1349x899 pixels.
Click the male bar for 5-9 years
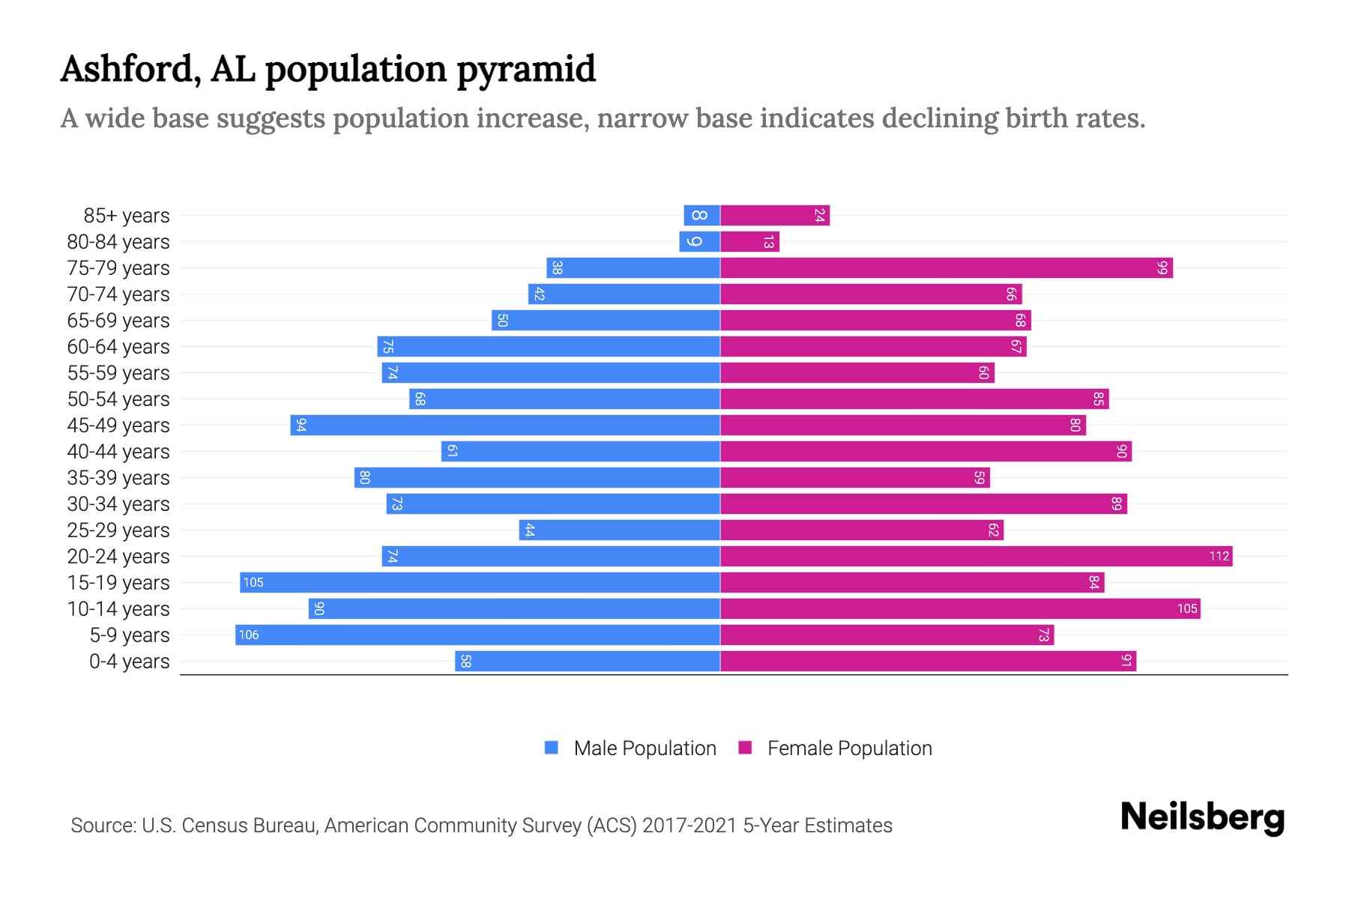[477, 635]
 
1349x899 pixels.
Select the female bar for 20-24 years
[976, 557]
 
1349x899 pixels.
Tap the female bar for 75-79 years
[946, 268]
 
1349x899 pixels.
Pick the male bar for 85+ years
[702, 216]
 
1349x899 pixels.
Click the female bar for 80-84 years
[749, 242]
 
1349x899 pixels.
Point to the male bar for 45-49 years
[505, 426]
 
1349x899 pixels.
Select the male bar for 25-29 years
[619, 530]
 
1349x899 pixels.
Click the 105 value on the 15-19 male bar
[253, 583]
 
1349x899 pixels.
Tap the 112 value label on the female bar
[1219, 557]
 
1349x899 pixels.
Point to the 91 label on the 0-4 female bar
[1126, 662]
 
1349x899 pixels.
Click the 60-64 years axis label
[118, 347]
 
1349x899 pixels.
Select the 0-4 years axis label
[129, 662]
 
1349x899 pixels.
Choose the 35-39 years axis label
[118, 478]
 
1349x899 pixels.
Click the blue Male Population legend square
[552, 748]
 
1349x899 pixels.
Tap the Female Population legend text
[849, 748]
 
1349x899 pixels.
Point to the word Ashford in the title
[130, 69]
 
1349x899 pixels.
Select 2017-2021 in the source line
[689, 826]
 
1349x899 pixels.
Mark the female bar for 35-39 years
[854, 478]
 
